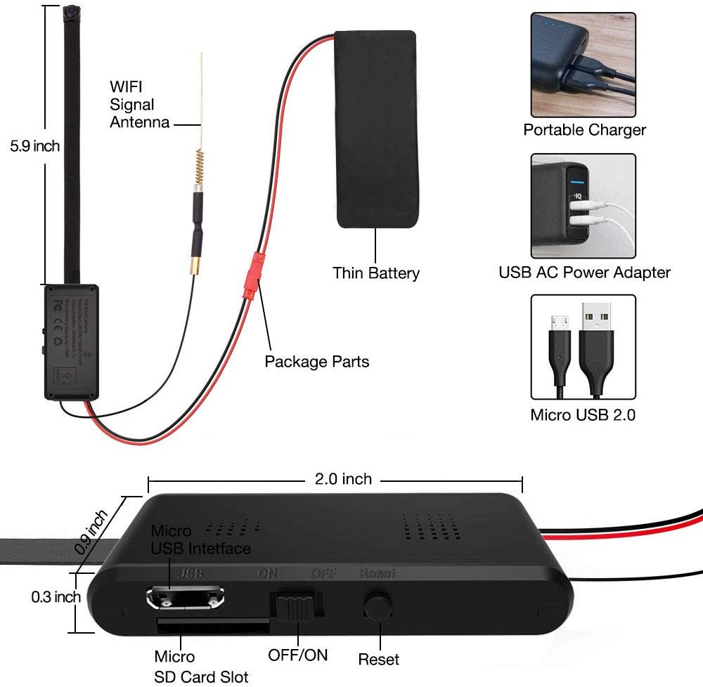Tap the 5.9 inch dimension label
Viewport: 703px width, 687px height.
[x=34, y=147]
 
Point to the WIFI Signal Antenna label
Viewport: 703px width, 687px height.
[x=139, y=105]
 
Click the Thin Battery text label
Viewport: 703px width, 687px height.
[x=376, y=273]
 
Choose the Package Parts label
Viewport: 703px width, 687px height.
[x=316, y=362]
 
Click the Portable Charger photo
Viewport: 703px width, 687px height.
[x=583, y=65]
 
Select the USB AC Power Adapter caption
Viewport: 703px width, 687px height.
[x=584, y=272]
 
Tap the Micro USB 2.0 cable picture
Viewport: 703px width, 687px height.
[x=583, y=346]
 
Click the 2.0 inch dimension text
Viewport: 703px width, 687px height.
[x=342, y=479]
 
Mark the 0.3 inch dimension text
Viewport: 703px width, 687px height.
[x=56, y=597]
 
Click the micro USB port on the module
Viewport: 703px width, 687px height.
[x=186, y=598]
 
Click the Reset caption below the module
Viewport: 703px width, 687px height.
[x=378, y=659]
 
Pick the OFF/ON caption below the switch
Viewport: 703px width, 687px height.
[x=297, y=655]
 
